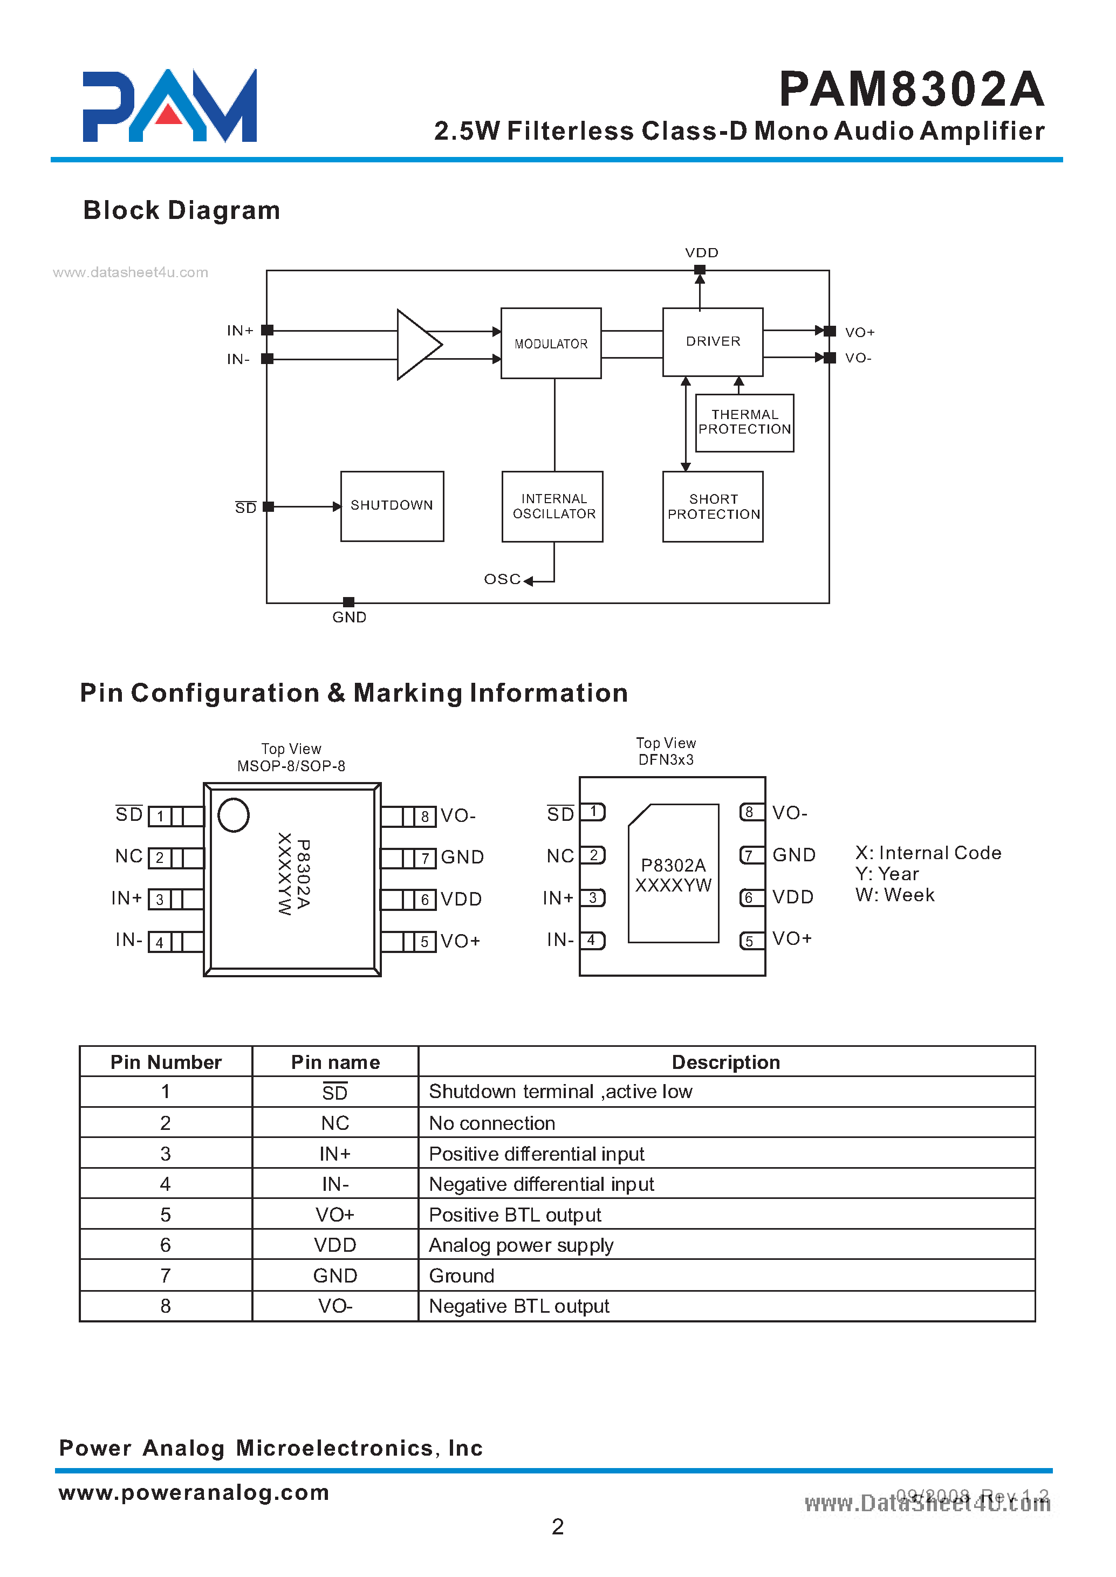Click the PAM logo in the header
point(170,106)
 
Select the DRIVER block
point(713,341)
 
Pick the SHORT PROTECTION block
point(713,506)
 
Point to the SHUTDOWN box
point(392,506)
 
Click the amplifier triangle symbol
point(416,344)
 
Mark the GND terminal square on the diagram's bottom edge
point(348,602)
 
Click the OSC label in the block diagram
point(502,579)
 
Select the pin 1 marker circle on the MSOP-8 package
point(233,815)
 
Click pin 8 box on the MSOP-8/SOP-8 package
point(425,817)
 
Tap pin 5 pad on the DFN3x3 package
point(750,941)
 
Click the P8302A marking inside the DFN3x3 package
point(673,865)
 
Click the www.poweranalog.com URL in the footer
point(194,1492)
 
